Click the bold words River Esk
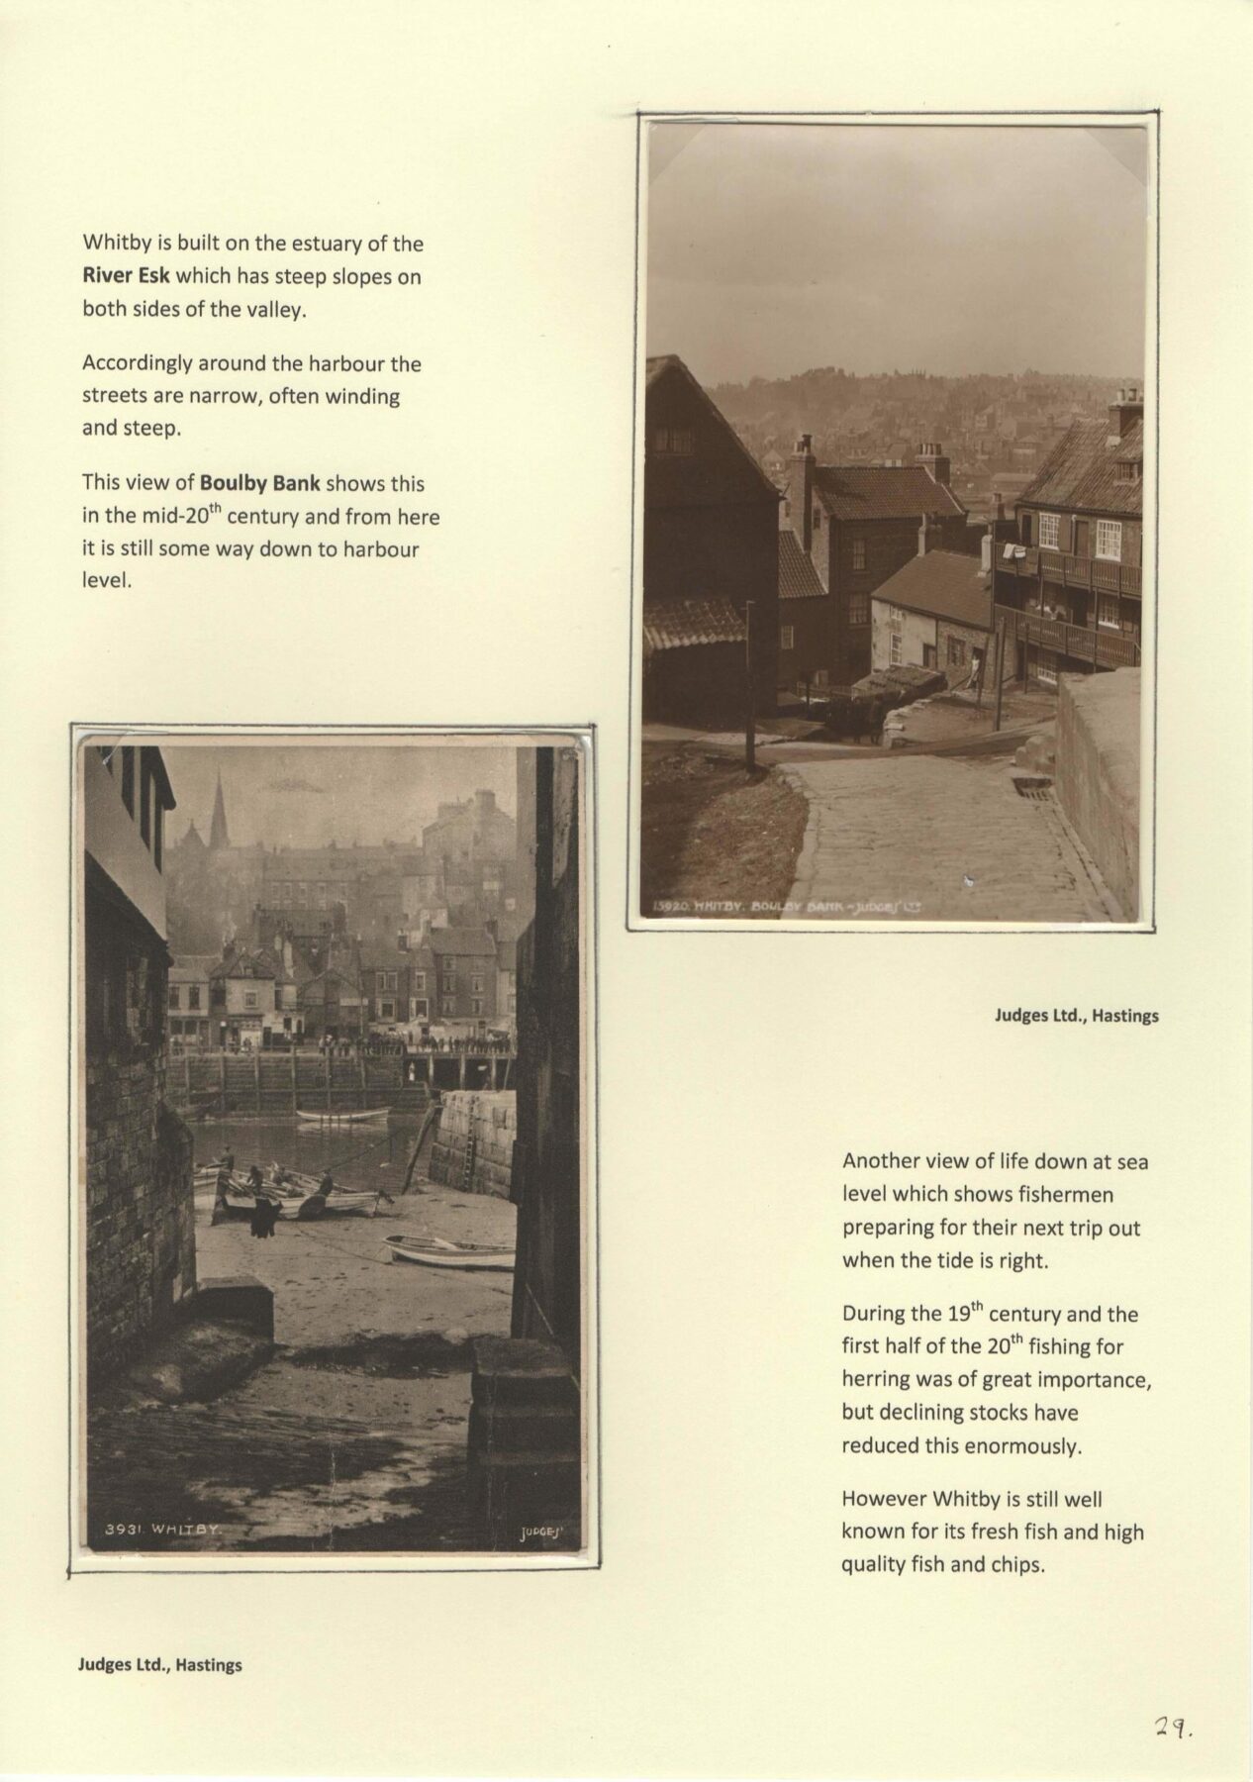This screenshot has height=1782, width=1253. click(x=126, y=276)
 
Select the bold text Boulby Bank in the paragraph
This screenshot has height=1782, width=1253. click(x=259, y=484)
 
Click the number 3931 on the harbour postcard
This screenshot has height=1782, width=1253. click(x=121, y=1556)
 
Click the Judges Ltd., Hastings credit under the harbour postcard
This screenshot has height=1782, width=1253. click(x=159, y=1664)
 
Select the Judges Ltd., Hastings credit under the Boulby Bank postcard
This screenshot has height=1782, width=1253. click(x=1077, y=1015)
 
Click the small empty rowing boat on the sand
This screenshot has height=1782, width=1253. click(x=450, y=1251)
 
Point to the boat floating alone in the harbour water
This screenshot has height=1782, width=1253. click(x=342, y=1116)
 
